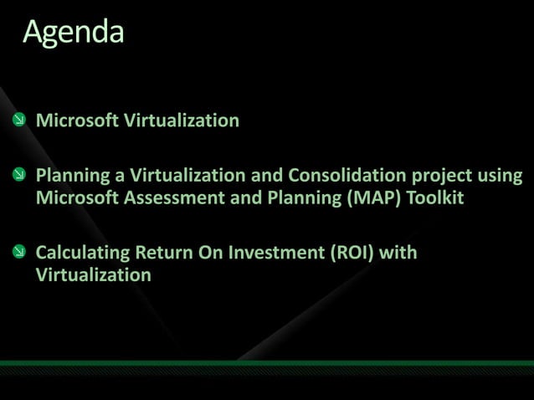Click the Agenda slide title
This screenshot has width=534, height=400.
[74, 32]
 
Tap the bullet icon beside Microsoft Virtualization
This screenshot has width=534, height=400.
[19, 121]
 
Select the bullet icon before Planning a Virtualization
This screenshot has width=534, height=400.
[19, 176]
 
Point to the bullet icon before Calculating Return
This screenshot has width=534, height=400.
[19, 252]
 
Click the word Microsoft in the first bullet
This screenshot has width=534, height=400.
[77, 121]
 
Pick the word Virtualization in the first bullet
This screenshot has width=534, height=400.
[182, 121]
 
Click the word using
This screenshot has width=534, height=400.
[500, 177]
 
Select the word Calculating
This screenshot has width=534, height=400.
[82, 252]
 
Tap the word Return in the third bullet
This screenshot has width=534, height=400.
[163, 252]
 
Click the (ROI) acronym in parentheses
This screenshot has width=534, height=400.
[349, 252]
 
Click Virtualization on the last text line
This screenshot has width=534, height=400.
[94, 274]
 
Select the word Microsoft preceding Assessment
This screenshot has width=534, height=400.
[77, 198]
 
